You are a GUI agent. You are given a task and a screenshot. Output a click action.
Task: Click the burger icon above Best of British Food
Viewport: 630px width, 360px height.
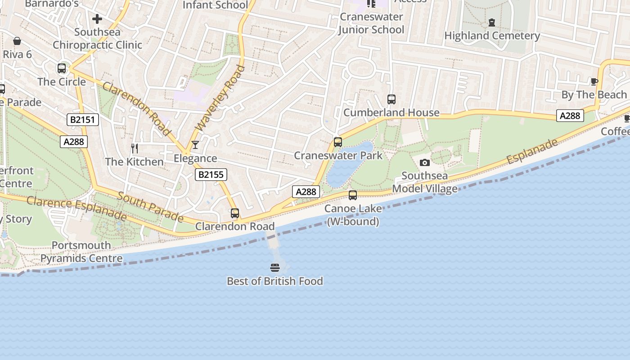[275, 268]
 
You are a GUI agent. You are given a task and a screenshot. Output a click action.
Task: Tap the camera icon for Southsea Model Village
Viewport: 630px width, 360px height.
[424, 162]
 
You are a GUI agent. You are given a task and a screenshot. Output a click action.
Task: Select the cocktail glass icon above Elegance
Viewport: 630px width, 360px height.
[195, 145]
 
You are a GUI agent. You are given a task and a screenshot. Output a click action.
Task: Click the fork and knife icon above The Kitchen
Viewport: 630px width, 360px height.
[134, 148]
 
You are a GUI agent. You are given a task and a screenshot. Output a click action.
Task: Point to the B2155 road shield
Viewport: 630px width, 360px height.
[211, 175]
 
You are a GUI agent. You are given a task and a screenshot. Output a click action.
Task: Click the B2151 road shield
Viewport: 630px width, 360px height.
[83, 120]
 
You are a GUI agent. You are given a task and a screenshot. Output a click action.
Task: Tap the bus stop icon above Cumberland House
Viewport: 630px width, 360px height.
[391, 99]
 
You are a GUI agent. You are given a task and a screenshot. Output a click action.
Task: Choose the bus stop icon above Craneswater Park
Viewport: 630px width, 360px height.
[338, 142]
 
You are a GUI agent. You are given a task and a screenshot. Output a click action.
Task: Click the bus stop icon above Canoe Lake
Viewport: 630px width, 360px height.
[353, 195]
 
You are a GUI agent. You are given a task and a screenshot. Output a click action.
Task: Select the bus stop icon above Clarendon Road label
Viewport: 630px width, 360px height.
[235, 213]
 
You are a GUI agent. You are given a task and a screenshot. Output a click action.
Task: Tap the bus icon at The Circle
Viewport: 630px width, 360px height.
[62, 68]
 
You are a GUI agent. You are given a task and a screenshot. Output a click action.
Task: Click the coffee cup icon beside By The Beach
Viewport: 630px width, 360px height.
[594, 81]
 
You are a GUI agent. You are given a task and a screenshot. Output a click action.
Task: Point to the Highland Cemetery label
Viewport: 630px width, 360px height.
[492, 36]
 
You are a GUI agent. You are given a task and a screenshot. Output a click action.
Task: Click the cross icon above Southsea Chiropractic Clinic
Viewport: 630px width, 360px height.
[97, 19]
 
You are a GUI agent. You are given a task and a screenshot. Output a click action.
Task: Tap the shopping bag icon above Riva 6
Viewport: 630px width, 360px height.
[17, 41]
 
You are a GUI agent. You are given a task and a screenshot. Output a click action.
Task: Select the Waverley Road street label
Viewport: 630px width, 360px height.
[221, 98]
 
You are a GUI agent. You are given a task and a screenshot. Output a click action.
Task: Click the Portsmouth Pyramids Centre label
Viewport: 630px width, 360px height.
[81, 252]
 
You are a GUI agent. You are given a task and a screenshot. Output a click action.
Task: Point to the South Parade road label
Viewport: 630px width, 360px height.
[150, 207]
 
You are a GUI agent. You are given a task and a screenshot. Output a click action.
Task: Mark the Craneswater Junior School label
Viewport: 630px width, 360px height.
[371, 23]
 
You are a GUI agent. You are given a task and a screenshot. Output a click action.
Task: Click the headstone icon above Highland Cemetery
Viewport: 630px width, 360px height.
[492, 22]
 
